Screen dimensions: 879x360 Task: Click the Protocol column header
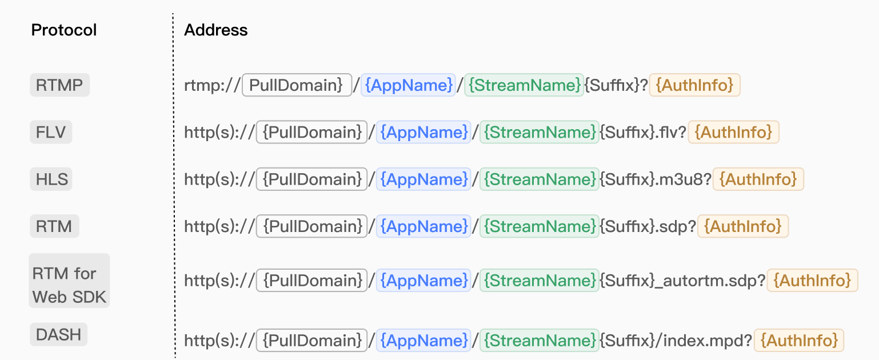coord(63,30)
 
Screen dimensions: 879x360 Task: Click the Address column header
coord(216,30)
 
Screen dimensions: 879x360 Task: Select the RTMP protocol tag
coord(59,85)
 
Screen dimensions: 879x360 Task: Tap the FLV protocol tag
coord(51,132)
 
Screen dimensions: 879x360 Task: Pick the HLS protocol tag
coord(51,179)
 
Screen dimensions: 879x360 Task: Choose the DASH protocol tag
coord(58,334)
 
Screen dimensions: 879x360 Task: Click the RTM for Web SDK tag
coord(69,281)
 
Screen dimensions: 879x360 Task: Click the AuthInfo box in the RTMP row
coord(694,85)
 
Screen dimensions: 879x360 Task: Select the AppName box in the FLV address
coord(424,132)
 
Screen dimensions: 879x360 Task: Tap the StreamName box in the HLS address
coord(540,179)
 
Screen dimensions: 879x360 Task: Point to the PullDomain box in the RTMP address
coord(297,85)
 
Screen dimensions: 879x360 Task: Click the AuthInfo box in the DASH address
coord(799,340)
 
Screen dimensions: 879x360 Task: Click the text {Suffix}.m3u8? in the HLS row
coord(656,179)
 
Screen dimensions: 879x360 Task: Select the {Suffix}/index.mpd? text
coord(676,340)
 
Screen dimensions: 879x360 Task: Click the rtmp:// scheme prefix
coord(212,85)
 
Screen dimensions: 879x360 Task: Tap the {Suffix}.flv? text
coord(643,132)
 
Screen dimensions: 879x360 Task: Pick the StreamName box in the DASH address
coord(540,340)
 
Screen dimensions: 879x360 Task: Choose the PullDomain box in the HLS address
coord(312,179)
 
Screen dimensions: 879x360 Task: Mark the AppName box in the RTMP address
coord(409,85)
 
